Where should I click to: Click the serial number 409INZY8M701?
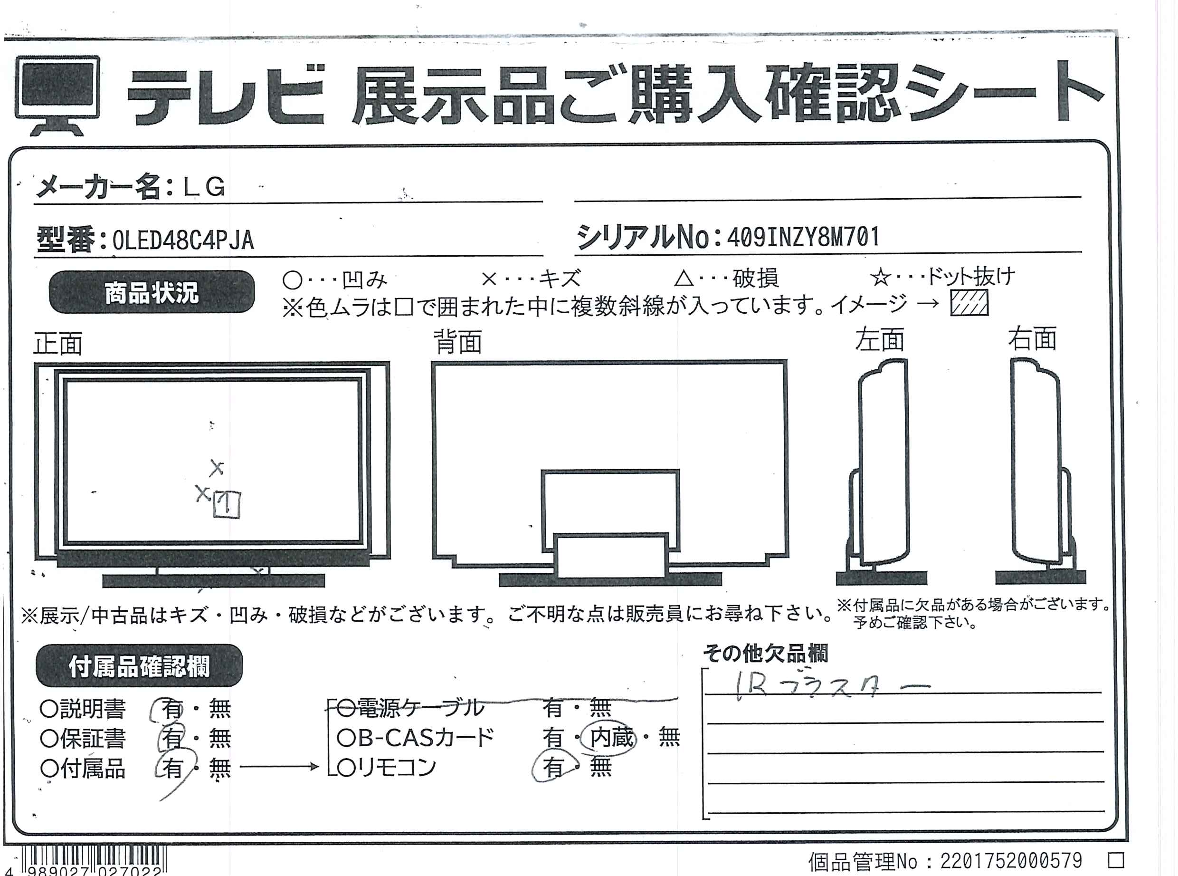[803, 237]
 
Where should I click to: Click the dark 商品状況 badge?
[152, 292]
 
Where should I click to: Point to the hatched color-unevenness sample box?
[969, 304]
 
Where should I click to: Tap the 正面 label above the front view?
[58, 344]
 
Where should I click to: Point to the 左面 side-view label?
[880, 339]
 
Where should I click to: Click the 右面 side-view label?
[1032, 339]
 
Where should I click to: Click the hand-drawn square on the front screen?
[227, 504]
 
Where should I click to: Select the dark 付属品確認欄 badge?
[139, 666]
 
